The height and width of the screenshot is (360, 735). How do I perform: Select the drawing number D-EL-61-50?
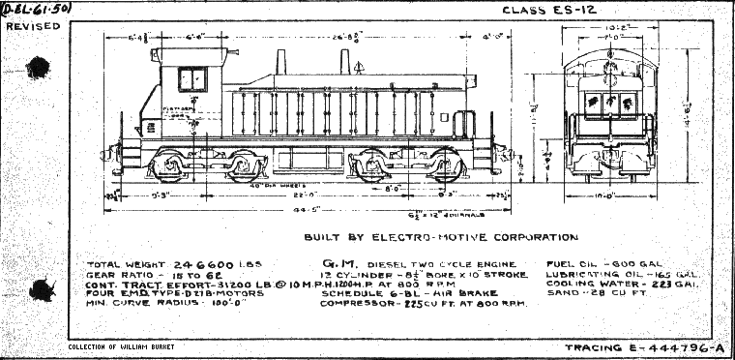point(34,9)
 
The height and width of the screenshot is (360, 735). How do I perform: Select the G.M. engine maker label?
point(337,263)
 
